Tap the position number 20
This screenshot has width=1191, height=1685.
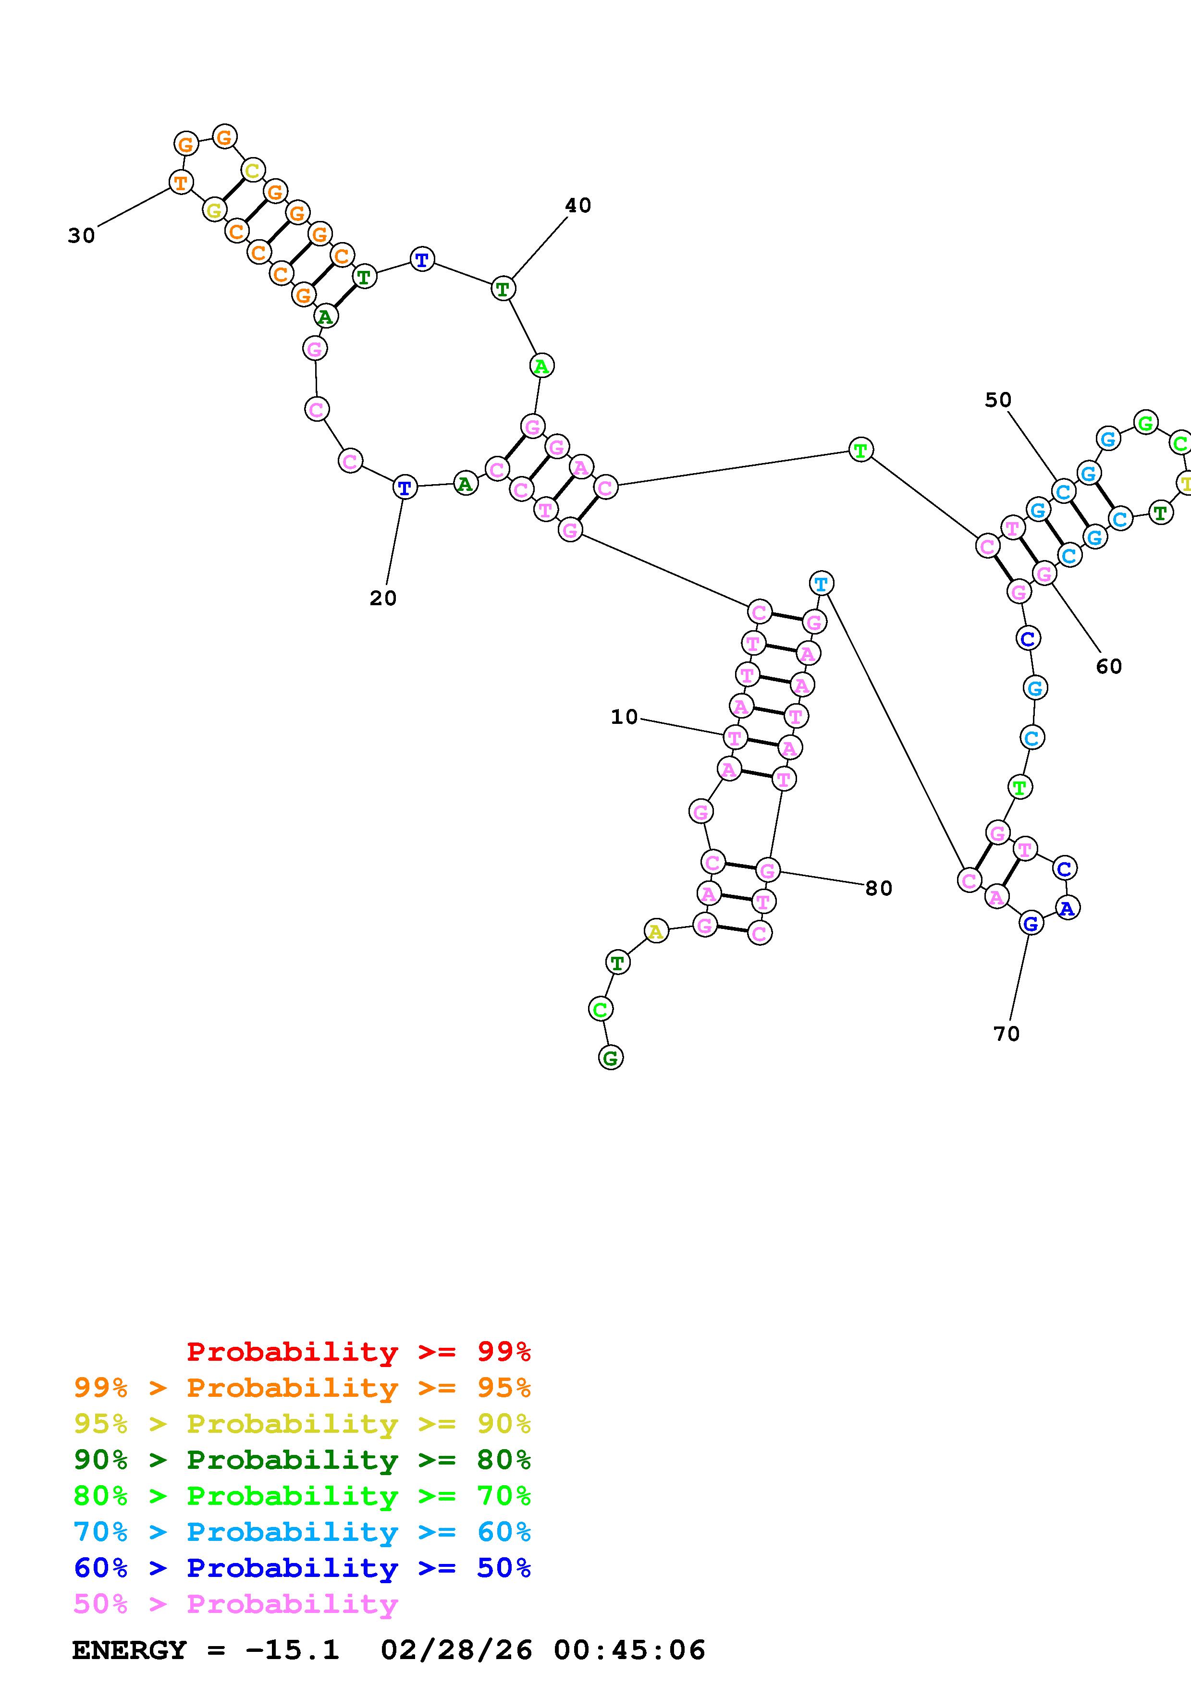pos(382,598)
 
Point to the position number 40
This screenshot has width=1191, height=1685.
pos(577,206)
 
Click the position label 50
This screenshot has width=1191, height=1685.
pos(997,400)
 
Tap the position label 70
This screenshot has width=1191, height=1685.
pos(1006,1033)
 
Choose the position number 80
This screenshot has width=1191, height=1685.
pos(878,888)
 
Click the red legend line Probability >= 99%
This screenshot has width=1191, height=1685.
pos(358,1351)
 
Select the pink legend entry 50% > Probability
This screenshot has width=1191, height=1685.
pos(235,1603)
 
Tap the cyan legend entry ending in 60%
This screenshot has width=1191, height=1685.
pos(302,1532)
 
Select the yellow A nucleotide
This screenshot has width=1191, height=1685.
pos(655,931)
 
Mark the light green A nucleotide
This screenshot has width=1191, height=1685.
pos(541,366)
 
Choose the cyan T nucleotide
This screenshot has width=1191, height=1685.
pos(821,584)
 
